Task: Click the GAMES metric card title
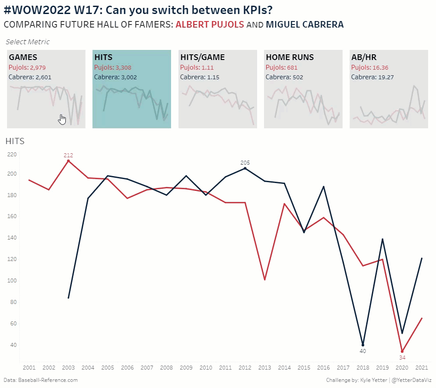(23, 57)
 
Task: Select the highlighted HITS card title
(104, 57)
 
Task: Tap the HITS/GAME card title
(203, 57)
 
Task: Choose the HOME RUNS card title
(290, 57)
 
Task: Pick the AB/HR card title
(364, 57)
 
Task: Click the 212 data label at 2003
(68, 155)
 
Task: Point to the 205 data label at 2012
(245, 163)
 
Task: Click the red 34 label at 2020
(402, 357)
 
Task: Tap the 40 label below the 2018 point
(363, 351)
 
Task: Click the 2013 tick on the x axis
(265, 367)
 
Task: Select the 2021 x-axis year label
(422, 367)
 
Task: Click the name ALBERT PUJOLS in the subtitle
(210, 25)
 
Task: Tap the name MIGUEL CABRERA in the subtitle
(304, 25)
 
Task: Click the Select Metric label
(28, 42)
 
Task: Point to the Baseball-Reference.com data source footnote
(40, 380)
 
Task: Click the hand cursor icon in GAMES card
(62, 119)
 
